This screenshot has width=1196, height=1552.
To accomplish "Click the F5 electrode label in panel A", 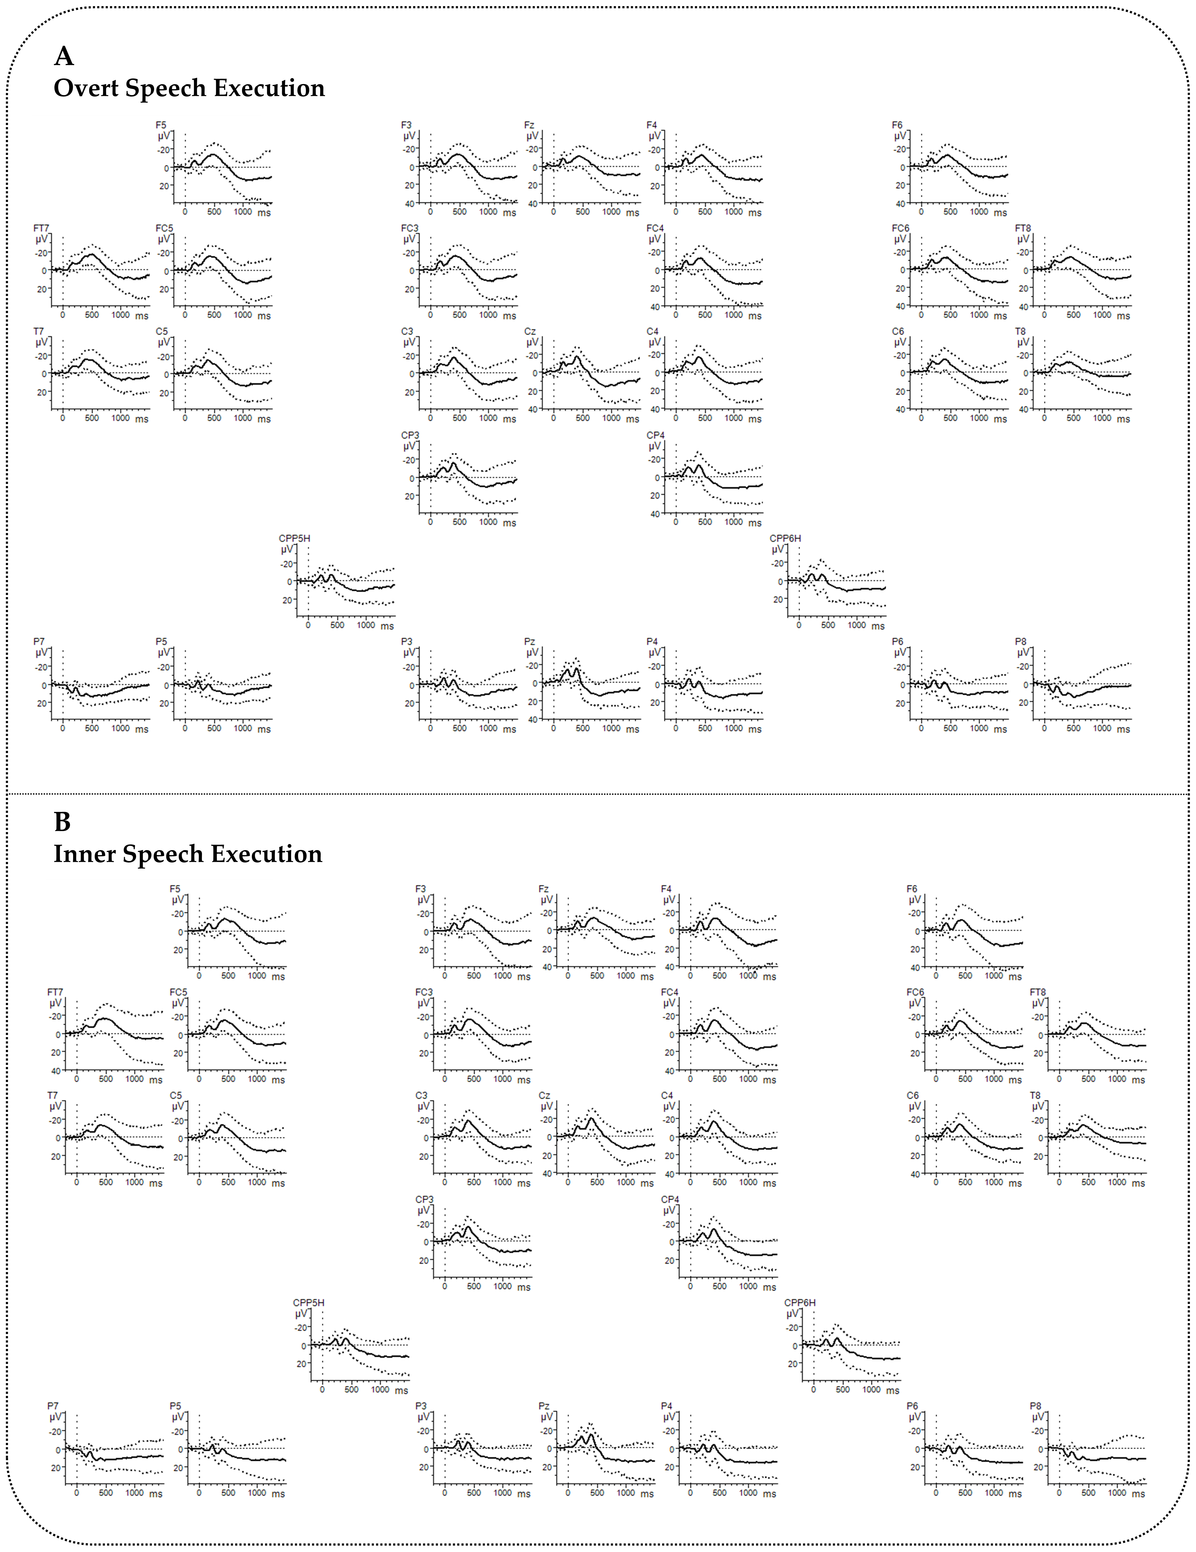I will point(161,125).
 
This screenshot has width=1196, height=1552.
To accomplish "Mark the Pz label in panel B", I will point(544,1406).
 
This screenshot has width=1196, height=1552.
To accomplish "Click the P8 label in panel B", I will point(1035,1406).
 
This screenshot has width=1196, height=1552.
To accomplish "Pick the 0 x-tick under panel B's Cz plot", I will point(568,1182).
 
